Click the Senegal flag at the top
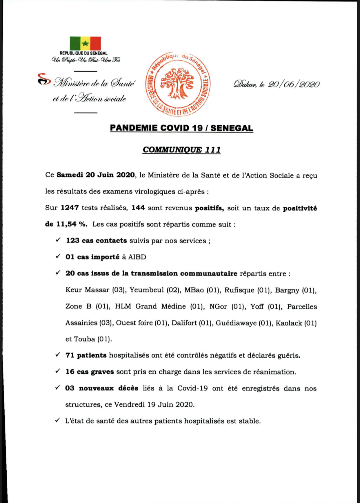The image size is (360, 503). tap(85, 43)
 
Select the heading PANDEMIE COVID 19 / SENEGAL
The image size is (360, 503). tap(181, 128)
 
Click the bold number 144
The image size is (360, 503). tap(138, 208)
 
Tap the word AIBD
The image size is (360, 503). tap(137, 257)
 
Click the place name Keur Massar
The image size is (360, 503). tap(88, 290)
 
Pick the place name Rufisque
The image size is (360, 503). tap(239, 290)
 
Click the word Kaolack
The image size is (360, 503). tap(289, 323)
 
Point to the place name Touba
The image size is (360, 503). tap(84, 339)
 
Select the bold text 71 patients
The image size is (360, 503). tap(86, 355)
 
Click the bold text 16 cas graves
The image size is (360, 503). tap(90, 372)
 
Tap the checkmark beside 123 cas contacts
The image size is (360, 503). tap(58, 240)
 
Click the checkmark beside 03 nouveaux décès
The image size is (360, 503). tap(58, 388)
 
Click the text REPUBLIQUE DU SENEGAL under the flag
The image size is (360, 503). tap(83, 53)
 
